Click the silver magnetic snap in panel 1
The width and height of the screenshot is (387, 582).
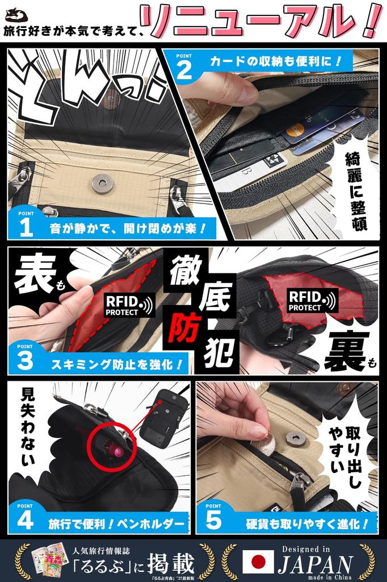(103, 183)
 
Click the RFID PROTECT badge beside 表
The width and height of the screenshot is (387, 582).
(129, 304)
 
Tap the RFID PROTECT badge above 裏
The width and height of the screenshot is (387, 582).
(312, 301)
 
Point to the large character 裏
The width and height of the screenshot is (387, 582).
(346, 351)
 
